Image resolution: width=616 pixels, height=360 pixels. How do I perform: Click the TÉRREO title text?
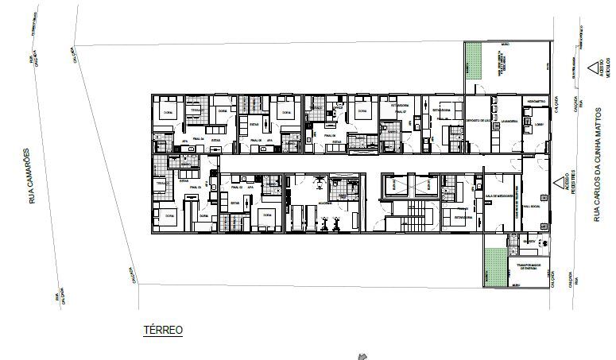click(x=162, y=329)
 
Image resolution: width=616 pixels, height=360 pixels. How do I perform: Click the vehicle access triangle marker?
click(x=592, y=68)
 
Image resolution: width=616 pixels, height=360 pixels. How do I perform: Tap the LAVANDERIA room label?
click(x=509, y=121)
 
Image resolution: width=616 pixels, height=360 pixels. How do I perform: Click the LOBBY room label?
click(x=538, y=124)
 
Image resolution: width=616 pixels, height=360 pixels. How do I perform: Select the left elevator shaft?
click(x=394, y=184)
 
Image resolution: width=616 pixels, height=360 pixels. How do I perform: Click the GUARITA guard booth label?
click(x=529, y=238)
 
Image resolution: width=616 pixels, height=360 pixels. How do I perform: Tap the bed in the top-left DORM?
click(x=167, y=110)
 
